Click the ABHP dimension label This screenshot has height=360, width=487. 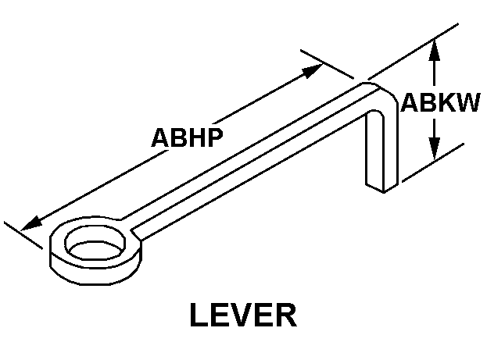[x=187, y=137]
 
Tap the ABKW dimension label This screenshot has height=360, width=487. [x=440, y=103]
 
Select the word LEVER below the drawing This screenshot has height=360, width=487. [x=243, y=317]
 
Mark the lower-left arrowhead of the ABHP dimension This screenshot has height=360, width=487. [x=30, y=224]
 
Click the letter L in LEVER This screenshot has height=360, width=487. [x=200, y=317]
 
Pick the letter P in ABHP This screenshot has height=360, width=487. [x=214, y=137]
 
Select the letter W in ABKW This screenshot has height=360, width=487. [x=466, y=103]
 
